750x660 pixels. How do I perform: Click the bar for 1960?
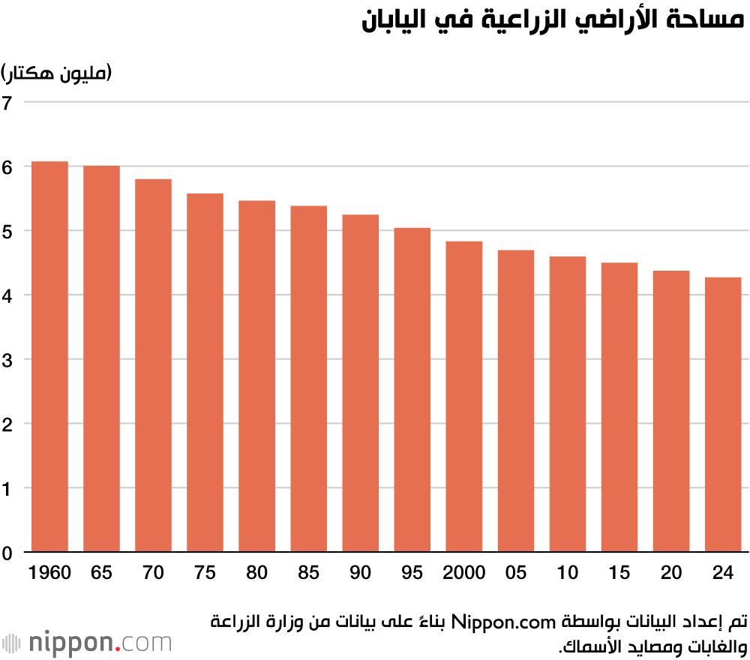49,357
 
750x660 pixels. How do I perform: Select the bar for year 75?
205,373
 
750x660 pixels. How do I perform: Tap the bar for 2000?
464,397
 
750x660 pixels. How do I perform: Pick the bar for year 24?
723,415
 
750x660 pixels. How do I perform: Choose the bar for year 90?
361,383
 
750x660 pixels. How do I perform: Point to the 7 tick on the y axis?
7,102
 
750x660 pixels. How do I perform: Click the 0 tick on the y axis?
7,553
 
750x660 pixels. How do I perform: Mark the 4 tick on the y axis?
7,295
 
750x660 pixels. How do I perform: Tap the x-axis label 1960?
49,573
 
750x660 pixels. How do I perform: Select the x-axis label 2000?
464,573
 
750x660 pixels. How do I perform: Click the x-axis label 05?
516,573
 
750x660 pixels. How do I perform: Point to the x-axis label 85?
308,573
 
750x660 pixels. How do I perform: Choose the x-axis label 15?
619,573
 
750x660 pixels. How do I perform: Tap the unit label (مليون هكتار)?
56,73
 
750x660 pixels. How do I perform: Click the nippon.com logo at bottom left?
87,643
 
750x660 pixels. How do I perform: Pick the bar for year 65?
101,359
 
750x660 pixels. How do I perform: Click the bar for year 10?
568,404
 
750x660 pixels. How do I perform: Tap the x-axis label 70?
153,573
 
